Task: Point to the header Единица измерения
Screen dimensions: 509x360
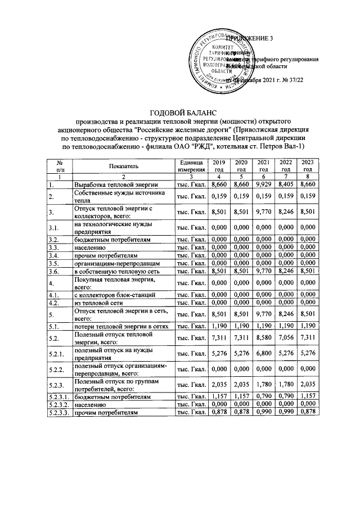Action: point(191,165)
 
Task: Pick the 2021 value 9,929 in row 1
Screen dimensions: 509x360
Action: point(263,184)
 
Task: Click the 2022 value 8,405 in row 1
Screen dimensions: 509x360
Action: point(286,184)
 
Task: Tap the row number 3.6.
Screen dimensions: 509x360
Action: point(53,271)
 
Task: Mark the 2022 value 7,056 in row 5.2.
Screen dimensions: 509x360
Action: point(286,338)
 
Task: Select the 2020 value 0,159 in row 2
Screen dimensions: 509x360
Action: point(240,196)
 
